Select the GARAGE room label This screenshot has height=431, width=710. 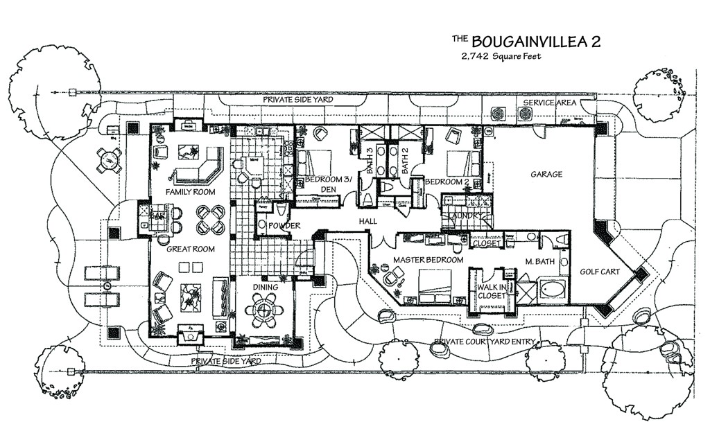tap(546, 175)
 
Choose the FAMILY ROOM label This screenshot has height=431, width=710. tap(190, 192)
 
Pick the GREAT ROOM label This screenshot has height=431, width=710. tap(189, 249)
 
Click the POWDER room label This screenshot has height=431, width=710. tap(284, 226)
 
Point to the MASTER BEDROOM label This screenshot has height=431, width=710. tap(428, 259)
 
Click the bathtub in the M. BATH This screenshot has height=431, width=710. tap(553, 289)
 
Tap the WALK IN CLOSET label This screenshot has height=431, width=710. tap(491, 291)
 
